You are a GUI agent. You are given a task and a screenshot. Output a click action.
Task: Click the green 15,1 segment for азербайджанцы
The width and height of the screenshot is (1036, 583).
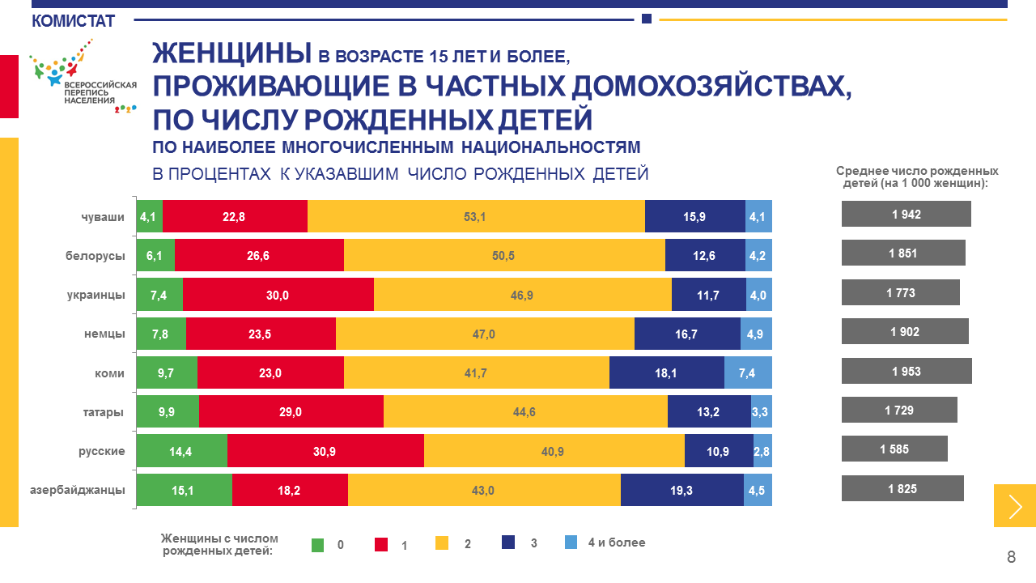tap(184, 489)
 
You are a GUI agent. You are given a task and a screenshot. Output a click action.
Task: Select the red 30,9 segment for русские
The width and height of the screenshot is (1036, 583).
tap(325, 450)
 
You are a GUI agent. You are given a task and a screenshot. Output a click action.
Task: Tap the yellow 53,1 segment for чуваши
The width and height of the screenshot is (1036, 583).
tap(476, 216)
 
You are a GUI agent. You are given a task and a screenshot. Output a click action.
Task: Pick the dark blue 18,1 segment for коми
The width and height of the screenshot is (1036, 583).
tap(666, 372)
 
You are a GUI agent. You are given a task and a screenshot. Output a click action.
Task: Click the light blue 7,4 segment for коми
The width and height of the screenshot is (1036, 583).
tap(748, 372)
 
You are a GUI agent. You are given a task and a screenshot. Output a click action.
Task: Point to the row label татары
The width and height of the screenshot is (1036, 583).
tap(103, 412)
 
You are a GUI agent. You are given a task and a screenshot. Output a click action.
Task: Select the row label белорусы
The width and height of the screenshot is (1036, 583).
tap(96, 256)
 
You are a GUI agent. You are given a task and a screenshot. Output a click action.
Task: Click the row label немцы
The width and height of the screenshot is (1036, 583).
tap(104, 334)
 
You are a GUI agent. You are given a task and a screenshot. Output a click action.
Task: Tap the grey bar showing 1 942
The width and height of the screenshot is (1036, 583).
tap(906, 215)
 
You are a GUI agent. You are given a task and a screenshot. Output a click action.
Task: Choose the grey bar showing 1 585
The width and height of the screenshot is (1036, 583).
tap(894, 449)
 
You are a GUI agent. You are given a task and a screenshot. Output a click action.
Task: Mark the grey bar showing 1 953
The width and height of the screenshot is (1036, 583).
tap(906, 372)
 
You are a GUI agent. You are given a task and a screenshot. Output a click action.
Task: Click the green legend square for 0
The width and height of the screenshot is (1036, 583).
tap(318, 544)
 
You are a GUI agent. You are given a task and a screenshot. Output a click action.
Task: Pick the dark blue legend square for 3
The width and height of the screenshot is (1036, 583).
tap(508, 543)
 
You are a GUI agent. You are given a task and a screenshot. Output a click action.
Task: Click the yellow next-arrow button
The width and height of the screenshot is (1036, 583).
tap(1015, 506)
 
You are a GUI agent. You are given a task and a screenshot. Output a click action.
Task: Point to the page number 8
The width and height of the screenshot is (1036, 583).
tap(1011, 557)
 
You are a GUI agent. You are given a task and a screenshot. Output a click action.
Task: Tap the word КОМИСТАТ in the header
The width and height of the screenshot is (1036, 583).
tap(73, 21)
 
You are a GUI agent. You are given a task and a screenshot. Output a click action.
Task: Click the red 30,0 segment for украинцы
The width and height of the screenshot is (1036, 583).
tap(278, 295)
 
